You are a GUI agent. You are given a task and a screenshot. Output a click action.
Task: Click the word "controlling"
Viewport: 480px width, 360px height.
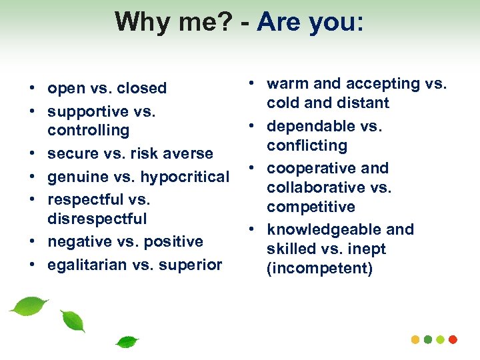coord(88,130)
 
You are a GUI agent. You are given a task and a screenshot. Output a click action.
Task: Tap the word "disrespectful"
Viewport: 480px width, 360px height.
coord(97,219)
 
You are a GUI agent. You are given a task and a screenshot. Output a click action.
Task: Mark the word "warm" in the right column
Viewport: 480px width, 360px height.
coord(285,83)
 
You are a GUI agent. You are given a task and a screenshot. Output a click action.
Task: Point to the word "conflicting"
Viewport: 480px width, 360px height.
coord(307,145)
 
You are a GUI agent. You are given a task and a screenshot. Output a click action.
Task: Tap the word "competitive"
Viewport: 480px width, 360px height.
coord(311,207)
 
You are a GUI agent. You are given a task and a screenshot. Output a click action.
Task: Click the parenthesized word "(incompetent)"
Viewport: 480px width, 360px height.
coord(319,269)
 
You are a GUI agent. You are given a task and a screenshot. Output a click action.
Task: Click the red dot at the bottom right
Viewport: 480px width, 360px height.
coord(453,339)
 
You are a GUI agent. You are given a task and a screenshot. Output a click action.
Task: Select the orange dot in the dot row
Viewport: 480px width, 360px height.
coord(415,339)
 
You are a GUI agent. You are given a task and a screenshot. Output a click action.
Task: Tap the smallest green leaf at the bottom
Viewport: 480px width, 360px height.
coord(126,342)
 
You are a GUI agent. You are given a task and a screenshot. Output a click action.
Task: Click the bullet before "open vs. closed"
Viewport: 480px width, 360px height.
coord(32,89)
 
